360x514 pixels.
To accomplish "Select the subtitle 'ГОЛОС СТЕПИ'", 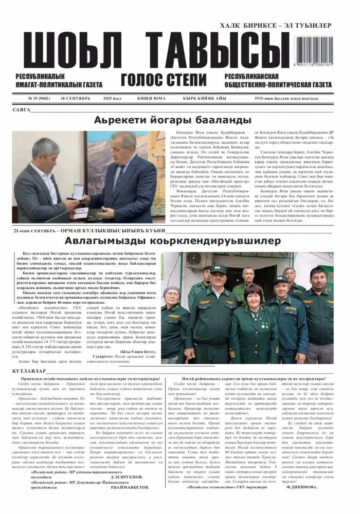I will click(x=164, y=80).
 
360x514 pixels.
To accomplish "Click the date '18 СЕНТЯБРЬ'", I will click(x=75, y=98).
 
